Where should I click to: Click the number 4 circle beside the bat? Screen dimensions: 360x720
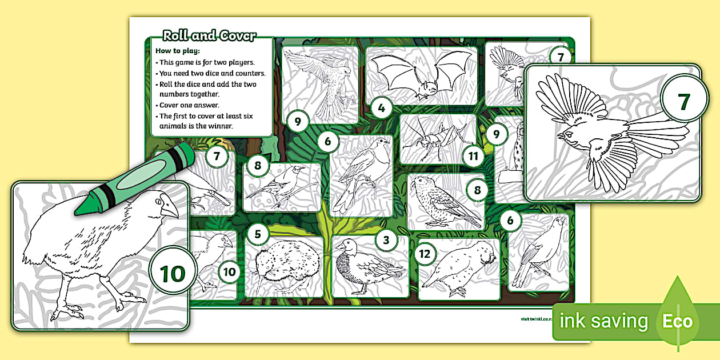(381, 106)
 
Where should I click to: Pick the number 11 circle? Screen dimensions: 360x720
(473, 155)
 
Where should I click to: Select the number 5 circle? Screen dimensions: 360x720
(258, 234)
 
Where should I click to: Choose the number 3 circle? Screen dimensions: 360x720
(386, 240)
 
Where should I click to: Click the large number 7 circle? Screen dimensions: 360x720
(684, 101)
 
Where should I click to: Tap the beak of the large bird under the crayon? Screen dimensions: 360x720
(169, 212)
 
